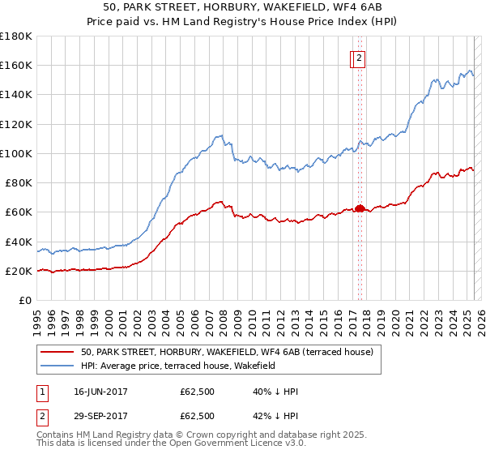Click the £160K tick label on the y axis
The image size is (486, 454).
[16, 66]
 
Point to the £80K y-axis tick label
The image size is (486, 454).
[19, 183]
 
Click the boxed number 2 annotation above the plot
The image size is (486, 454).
[359, 58]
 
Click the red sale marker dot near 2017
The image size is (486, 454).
[360, 208]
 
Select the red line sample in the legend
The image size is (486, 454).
[58, 352]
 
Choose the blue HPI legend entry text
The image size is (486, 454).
[178, 366]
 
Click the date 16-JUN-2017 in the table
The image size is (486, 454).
[100, 392]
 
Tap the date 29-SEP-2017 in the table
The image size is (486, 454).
[100, 416]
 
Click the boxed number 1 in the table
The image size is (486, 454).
[40, 392]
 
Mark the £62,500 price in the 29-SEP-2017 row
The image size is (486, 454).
[197, 416]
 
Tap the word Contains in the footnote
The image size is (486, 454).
[56, 435]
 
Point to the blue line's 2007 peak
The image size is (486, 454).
[219, 135]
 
